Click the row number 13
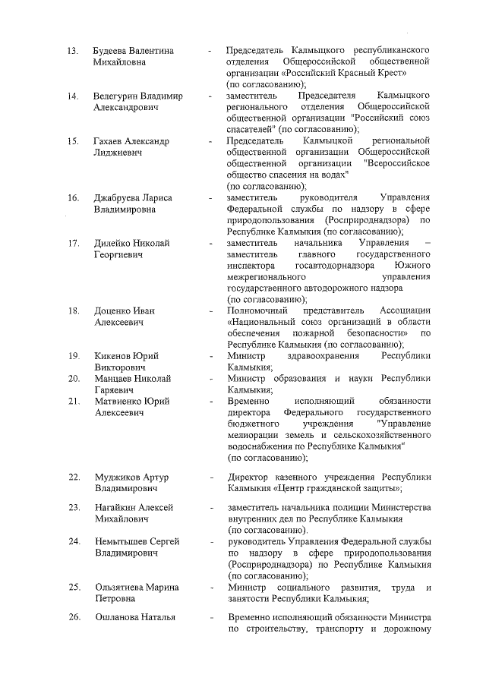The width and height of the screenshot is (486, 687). click(x=73, y=52)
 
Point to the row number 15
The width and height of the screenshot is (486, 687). click(x=73, y=141)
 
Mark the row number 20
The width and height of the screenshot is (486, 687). click(x=74, y=378)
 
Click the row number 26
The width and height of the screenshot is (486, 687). click(x=74, y=617)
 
